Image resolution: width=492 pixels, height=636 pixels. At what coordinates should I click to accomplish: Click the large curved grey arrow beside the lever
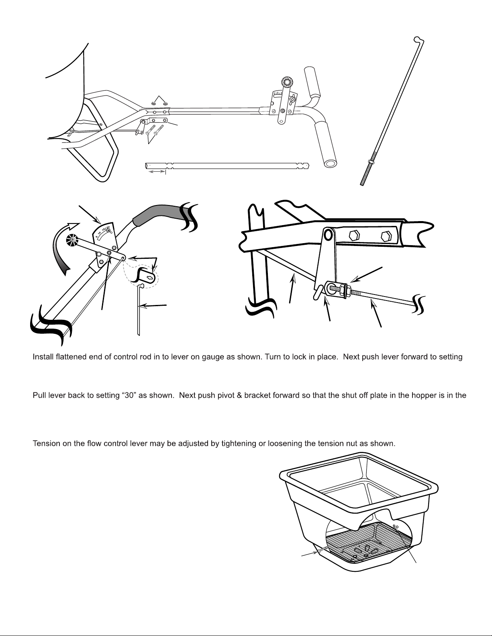point(64,248)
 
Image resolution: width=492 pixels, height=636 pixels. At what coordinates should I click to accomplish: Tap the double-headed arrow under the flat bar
point(157,171)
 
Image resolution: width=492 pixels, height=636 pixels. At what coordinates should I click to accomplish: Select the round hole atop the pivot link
point(328,234)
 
